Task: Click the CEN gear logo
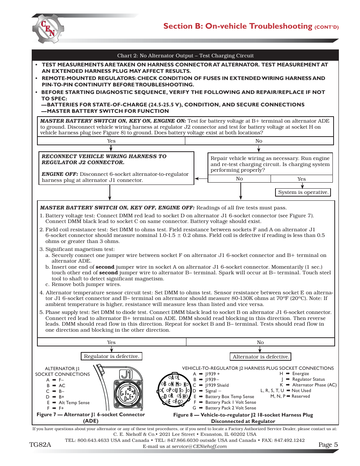pos(48,29)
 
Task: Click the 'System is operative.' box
pos(303,192)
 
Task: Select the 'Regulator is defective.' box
pos(111,356)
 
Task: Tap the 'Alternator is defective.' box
pos(261,357)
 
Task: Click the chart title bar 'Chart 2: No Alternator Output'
pos(185,55)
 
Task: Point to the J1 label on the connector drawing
pos(126,374)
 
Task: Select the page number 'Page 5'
pos(328,444)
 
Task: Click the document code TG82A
pos(40,444)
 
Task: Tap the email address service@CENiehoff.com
pos(199,446)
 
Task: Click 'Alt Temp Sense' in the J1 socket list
pos(74,403)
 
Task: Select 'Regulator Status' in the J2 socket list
pos(308,379)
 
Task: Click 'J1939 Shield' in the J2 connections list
pos(217,385)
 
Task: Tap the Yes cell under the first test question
pos(111,141)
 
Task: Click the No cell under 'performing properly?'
pos(239,179)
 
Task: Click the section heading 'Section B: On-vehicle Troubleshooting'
pos(238,26)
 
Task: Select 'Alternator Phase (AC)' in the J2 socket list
pos(314,385)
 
